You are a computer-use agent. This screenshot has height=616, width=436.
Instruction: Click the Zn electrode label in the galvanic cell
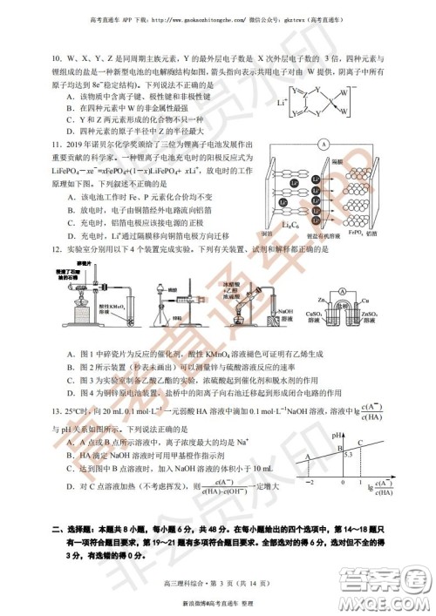(x=322, y=301)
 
